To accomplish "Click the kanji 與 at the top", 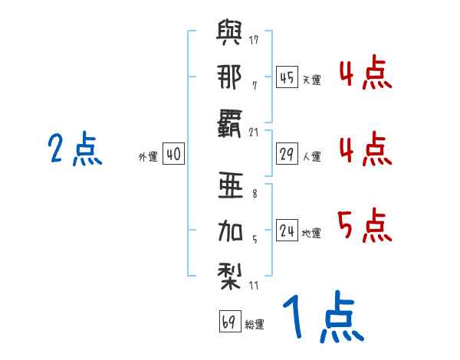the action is pyautogui.click(x=231, y=35).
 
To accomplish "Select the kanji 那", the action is pyautogui.click(x=230, y=77).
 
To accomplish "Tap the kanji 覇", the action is pyautogui.click(x=230, y=120).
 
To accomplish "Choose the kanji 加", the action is pyautogui.click(x=230, y=229).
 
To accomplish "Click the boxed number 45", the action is pyautogui.click(x=287, y=77).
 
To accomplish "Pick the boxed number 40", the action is pyautogui.click(x=173, y=155).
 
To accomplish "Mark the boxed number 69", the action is pyautogui.click(x=229, y=322).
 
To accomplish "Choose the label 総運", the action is pyautogui.click(x=254, y=325).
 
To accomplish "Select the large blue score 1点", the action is pyautogui.click(x=322, y=319).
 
